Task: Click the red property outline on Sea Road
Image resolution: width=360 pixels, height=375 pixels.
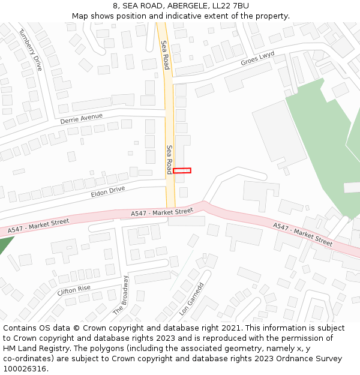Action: point(182,170)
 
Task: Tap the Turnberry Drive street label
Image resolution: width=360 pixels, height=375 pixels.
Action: point(31,50)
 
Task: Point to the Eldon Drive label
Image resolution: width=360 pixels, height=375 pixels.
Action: point(108,192)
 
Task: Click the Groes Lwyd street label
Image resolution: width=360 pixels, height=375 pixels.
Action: point(257,58)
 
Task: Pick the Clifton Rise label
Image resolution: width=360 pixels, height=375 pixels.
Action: point(74,290)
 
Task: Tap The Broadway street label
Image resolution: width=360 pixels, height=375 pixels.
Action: point(121,295)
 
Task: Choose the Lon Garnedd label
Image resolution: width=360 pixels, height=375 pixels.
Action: point(192,299)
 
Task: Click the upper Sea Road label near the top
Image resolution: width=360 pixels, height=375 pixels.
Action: point(166,55)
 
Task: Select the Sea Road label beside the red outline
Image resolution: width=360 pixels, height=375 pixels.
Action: point(170,159)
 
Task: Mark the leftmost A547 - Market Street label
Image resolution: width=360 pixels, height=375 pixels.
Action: point(39,226)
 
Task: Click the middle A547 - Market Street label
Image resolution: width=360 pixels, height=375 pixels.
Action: point(162,212)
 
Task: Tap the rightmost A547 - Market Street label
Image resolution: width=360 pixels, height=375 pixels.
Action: point(302,235)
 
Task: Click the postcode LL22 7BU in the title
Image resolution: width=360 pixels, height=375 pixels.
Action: point(230,6)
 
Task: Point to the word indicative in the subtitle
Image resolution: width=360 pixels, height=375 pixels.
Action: point(176,16)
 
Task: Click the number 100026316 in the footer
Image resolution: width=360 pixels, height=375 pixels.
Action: point(25,368)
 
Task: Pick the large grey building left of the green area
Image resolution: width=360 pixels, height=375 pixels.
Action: point(280,134)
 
